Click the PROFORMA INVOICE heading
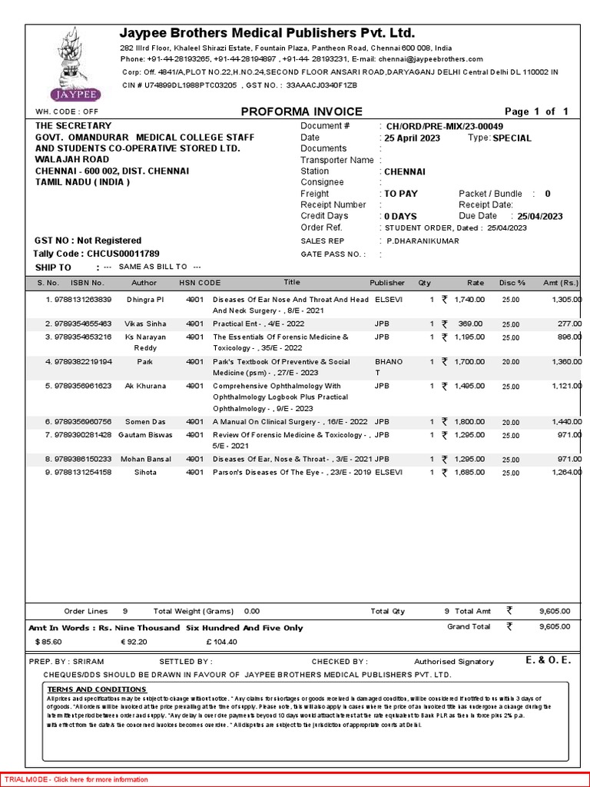(x=301, y=111)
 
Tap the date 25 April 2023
(x=413, y=138)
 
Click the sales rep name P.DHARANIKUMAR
(x=424, y=241)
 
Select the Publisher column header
(x=386, y=283)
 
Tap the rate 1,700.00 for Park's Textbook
(x=469, y=362)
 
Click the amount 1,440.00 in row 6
(x=566, y=423)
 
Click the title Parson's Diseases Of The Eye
(x=290, y=473)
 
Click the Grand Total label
(x=469, y=627)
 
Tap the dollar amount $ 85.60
(x=48, y=641)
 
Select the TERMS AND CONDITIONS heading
(x=97, y=689)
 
